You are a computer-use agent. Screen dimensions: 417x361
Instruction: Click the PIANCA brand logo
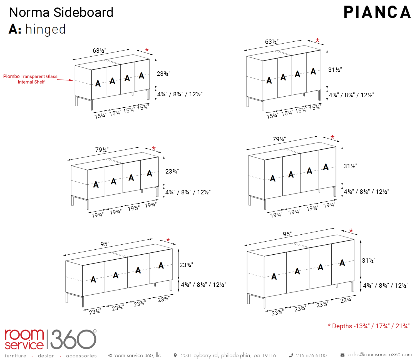(377, 12)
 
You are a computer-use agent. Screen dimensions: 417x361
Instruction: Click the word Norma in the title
(29, 12)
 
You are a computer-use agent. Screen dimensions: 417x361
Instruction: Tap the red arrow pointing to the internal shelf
(65, 80)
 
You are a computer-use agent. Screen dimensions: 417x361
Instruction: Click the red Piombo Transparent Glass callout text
(31, 79)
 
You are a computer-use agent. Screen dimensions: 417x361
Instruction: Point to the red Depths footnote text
(369, 326)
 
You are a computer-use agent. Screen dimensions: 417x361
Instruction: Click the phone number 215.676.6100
(311, 355)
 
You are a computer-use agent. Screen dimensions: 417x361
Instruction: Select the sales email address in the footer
(380, 355)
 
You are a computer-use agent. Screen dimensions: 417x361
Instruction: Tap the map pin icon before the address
(175, 355)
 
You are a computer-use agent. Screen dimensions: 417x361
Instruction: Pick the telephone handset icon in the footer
(291, 355)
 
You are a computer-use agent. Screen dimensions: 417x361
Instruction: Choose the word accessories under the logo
(81, 356)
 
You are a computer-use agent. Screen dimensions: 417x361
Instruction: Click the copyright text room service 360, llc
(135, 355)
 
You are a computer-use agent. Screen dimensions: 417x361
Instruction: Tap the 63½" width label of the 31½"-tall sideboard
(272, 42)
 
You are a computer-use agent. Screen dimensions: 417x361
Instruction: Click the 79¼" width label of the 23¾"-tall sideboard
(102, 150)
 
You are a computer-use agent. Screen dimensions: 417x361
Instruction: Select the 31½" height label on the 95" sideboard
(369, 260)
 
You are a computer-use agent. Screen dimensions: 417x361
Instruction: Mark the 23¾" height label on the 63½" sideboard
(163, 74)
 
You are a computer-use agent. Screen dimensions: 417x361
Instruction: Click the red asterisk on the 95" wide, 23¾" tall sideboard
(168, 240)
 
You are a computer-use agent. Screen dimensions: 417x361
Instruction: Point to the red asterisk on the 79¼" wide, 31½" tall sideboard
(332, 137)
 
